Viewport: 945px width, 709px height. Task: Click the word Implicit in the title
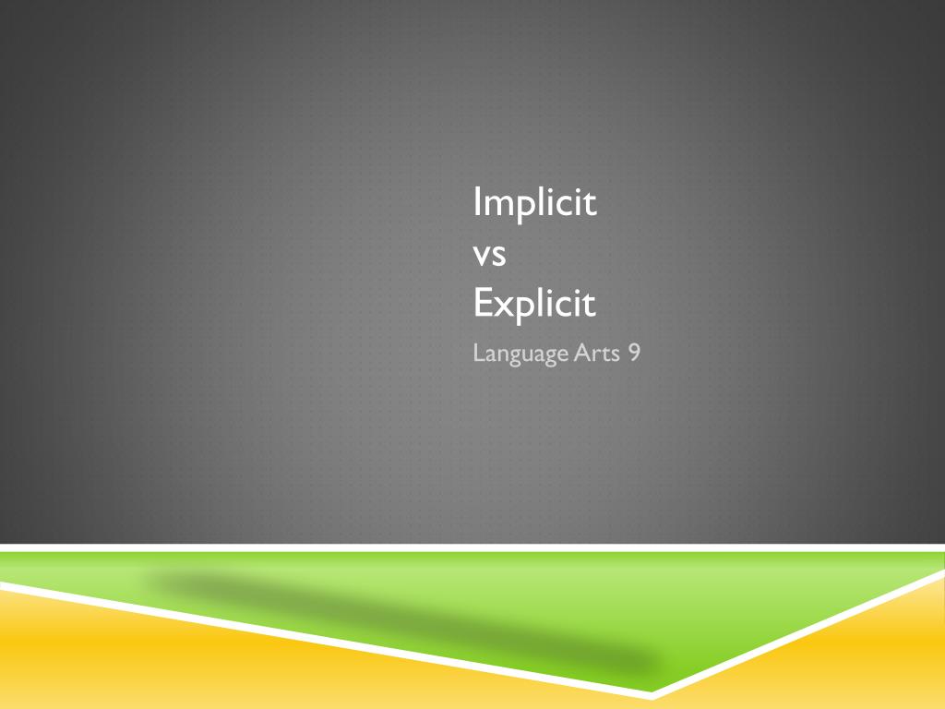(x=534, y=203)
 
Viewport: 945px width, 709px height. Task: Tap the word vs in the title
(x=489, y=254)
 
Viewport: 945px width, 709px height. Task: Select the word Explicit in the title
(x=534, y=304)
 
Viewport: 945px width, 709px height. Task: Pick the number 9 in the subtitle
(x=634, y=353)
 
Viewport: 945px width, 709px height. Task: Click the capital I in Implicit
(x=477, y=202)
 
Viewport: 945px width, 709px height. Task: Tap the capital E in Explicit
(x=481, y=303)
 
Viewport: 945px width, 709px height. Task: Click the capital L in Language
(x=477, y=353)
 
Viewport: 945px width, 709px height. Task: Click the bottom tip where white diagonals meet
(x=652, y=694)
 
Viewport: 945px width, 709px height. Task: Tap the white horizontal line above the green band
(x=461, y=547)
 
